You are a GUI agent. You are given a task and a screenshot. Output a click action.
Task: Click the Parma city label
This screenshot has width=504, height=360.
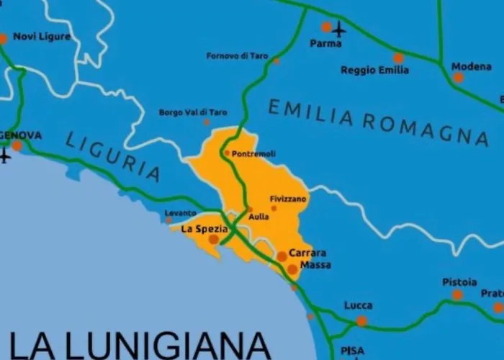point(325,43)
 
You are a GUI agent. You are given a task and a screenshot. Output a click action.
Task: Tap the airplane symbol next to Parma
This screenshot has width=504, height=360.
point(338,30)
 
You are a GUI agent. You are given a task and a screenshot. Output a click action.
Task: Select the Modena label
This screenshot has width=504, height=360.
point(472,66)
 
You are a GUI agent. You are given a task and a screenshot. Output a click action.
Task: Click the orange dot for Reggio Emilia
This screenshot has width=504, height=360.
point(398,58)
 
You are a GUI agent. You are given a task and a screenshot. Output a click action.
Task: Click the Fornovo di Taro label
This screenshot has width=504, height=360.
point(237,55)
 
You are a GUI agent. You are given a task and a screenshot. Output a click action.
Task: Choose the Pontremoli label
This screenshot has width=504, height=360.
point(253,153)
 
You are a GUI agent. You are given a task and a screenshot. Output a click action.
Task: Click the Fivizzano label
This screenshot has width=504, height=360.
point(288,198)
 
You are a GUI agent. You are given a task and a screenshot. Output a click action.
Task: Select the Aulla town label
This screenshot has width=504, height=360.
point(258,216)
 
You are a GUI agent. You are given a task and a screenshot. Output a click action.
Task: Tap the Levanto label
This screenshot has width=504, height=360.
point(180,213)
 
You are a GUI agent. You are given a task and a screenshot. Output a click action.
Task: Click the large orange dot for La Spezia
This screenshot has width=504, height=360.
point(214,239)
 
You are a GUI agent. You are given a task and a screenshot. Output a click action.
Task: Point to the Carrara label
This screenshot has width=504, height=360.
point(307,253)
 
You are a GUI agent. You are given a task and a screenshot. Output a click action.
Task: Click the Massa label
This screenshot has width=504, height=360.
point(315,265)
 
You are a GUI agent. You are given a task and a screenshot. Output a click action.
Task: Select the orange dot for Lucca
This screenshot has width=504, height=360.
point(361,321)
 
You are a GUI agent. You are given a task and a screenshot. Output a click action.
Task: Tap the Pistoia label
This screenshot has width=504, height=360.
point(459,282)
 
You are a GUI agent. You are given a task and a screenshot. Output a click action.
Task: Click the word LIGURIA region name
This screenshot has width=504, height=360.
point(113,156)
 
